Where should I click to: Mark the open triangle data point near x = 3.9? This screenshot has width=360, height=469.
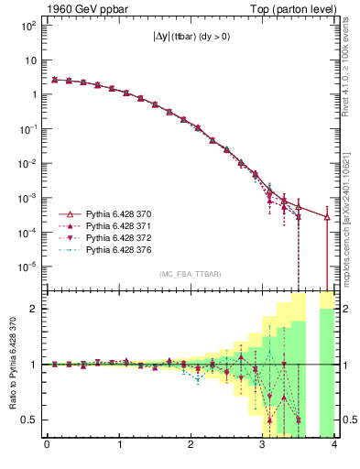pyautogui.click(x=327, y=217)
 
